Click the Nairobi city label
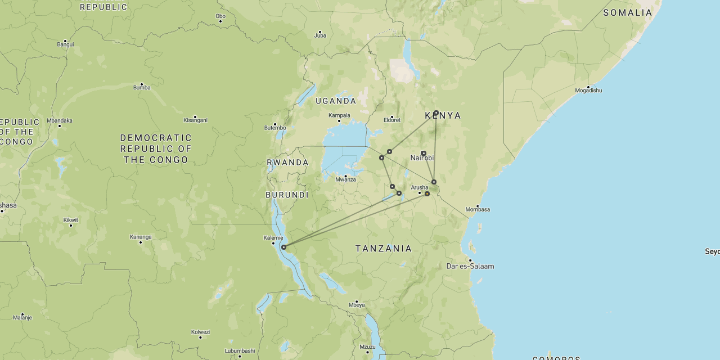tap(422, 158)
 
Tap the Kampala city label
tap(339, 116)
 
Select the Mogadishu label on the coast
tap(588, 91)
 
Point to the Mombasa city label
tap(478, 210)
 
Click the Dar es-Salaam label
tap(470, 266)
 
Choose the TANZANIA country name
tap(384, 249)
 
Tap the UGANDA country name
tap(336, 101)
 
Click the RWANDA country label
tap(287, 163)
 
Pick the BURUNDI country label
tap(287, 195)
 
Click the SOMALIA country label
tap(628, 12)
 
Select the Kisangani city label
tap(195, 120)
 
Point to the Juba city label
tap(319, 35)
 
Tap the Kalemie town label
tap(273, 238)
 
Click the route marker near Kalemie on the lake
tap(283, 247)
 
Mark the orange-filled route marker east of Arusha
tap(427, 193)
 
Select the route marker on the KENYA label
tap(436, 112)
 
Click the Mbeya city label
tap(356, 305)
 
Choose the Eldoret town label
tap(392, 120)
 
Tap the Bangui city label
tap(65, 44)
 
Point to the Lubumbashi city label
tap(240, 351)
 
